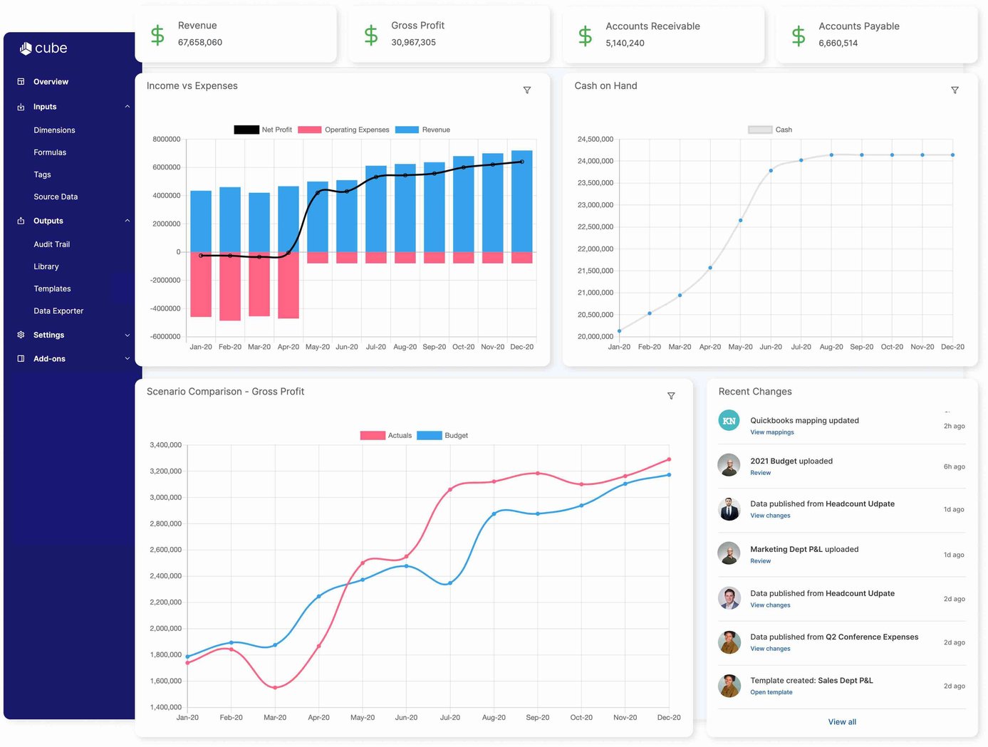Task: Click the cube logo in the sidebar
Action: pos(43,48)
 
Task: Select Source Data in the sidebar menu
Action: pos(56,197)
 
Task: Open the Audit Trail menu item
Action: pos(51,244)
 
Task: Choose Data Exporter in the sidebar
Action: pos(58,311)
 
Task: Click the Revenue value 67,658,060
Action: pos(200,43)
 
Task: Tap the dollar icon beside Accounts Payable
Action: pos(799,35)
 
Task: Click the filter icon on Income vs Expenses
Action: pos(527,90)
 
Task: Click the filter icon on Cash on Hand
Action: pos(955,90)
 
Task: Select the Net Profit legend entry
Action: pos(263,130)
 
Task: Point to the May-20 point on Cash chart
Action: pos(741,220)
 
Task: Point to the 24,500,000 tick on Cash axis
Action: pos(595,140)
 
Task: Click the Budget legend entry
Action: pos(442,436)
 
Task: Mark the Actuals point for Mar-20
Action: pos(275,687)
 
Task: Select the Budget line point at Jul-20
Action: pos(450,583)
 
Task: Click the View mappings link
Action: pos(771,432)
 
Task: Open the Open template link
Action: pos(771,692)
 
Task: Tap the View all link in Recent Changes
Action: pos(842,722)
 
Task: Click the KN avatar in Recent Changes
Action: pos(729,421)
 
